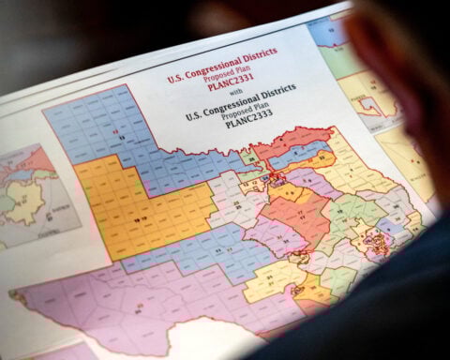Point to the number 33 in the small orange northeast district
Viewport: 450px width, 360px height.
(x=278, y=178)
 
